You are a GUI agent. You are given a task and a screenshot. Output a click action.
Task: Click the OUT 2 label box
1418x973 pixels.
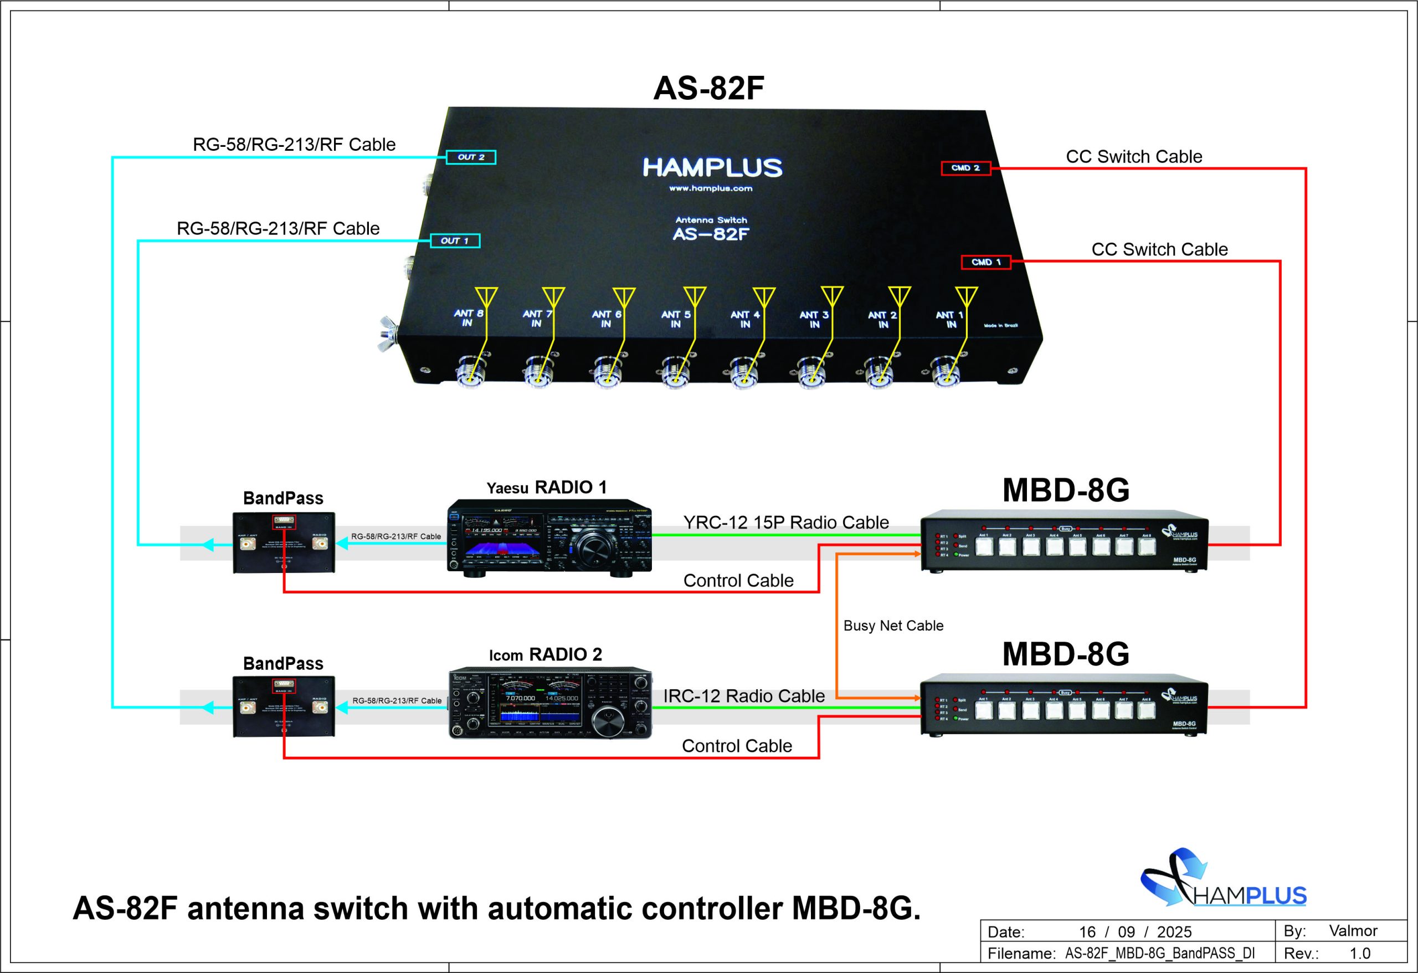(x=470, y=157)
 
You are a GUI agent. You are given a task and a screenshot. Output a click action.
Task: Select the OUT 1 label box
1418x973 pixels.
(x=455, y=240)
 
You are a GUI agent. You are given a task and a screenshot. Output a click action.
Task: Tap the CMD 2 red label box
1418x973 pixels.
(x=965, y=168)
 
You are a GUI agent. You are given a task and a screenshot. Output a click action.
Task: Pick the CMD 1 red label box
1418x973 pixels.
(x=985, y=262)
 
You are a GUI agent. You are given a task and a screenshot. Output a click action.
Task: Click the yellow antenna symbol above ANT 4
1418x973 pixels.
(x=763, y=297)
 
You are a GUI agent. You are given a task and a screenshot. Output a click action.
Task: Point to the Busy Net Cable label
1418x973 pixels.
(x=893, y=626)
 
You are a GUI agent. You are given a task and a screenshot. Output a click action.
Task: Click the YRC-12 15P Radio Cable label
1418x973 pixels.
(x=786, y=523)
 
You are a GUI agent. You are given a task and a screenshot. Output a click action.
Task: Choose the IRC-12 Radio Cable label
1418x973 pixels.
(x=744, y=696)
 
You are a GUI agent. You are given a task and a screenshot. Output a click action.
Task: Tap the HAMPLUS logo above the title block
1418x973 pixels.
(x=1223, y=878)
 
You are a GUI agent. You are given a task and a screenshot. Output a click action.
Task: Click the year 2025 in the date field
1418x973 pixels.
(x=1174, y=932)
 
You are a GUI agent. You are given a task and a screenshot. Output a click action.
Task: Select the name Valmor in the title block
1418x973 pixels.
(x=1353, y=931)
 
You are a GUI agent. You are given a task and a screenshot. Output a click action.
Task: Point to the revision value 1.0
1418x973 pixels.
(x=1359, y=954)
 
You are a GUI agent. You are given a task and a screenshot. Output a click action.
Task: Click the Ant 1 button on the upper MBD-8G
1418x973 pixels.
(x=984, y=546)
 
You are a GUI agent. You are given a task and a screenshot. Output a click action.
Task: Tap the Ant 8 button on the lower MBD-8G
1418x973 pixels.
(x=1147, y=710)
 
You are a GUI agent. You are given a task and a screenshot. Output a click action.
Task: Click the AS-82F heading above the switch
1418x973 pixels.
(x=708, y=89)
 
